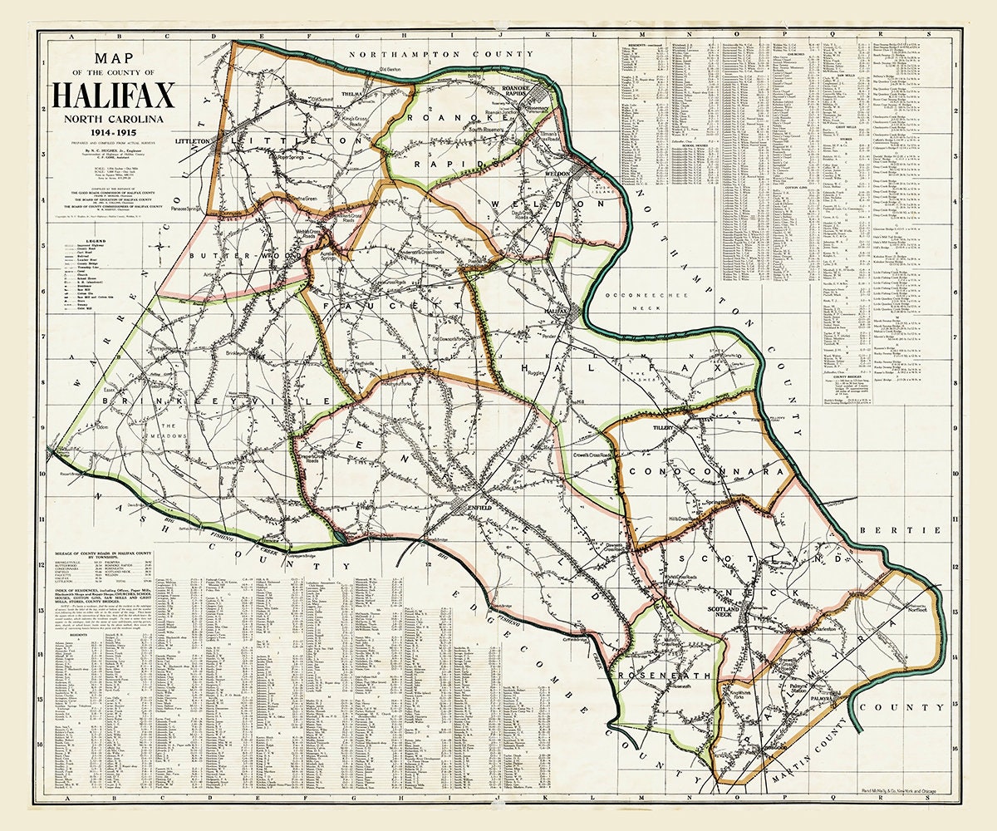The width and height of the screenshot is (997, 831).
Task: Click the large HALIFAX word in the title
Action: [x=113, y=96]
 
